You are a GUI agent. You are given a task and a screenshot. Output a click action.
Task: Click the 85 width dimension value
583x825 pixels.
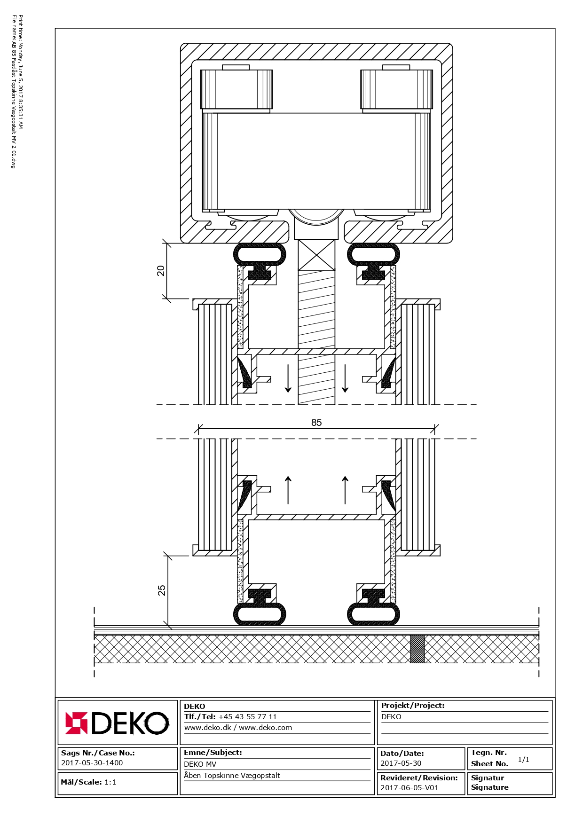coord(316,422)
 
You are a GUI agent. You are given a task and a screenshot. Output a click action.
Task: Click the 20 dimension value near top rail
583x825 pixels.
coord(161,271)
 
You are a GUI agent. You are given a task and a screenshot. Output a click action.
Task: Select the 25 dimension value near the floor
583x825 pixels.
coord(162,590)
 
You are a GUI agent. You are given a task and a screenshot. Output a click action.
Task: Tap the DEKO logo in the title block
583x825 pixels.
coord(117,723)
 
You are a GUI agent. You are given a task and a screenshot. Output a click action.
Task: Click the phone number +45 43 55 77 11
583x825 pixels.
coord(248,717)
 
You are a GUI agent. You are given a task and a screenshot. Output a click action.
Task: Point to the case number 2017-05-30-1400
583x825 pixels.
coord(92,762)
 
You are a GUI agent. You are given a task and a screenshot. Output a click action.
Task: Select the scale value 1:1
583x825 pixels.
coord(110,782)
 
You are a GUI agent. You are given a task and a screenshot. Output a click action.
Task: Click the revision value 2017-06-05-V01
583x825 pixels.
coord(409,787)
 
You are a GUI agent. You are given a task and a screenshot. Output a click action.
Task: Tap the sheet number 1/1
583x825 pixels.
coord(523,759)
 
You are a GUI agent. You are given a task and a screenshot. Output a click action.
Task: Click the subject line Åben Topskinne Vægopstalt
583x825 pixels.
coord(232,775)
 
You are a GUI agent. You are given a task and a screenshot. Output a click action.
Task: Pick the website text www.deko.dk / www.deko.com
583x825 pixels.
coord(238,728)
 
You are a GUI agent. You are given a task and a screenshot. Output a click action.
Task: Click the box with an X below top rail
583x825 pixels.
coord(316,255)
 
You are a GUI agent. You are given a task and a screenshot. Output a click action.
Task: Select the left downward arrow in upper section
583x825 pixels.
coord(288,378)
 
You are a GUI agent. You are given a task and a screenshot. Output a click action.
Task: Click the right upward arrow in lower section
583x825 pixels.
coord(345,490)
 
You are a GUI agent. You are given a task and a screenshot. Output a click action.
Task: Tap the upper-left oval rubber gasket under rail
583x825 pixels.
coord(260,255)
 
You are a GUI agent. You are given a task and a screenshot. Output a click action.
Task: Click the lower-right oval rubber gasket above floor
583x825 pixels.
coord(373,614)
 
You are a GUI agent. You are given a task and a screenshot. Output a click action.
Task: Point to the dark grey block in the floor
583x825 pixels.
coord(418,649)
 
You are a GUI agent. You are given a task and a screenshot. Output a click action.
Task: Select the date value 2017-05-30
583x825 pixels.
coord(401,763)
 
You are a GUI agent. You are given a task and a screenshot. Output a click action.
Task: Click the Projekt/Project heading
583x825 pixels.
coord(413,705)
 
